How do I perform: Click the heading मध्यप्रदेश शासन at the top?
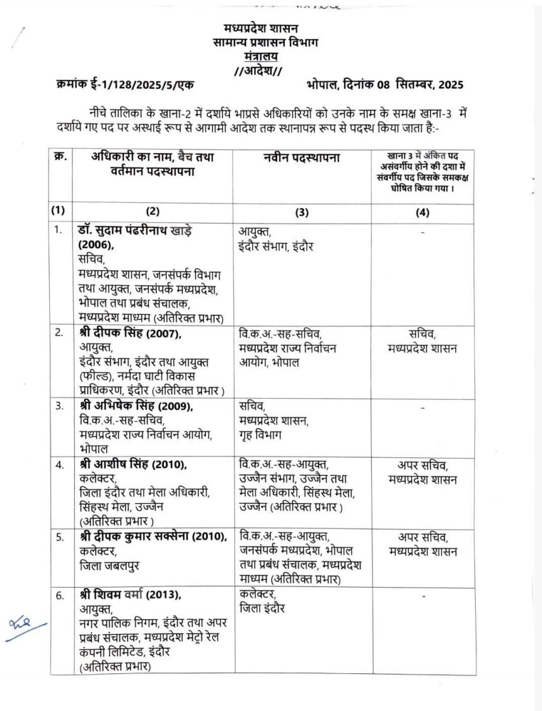(x=261, y=29)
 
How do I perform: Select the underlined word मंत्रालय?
(x=261, y=56)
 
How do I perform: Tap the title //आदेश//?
(x=261, y=70)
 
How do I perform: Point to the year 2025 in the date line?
(x=451, y=84)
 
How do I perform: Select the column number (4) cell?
(x=422, y=212)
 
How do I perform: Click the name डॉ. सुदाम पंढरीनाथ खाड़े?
(x=135, y=231)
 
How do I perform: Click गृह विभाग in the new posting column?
(x=261, y=434)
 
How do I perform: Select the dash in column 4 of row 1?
(x=422, y=232)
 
